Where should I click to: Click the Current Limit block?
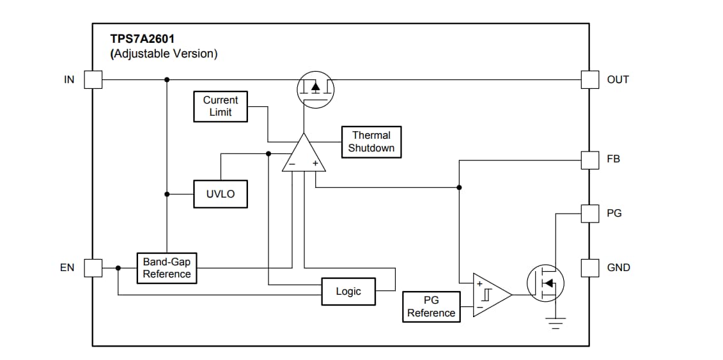coord(221,106)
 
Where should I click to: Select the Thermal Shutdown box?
coord(371,141)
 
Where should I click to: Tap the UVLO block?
coord(221,194)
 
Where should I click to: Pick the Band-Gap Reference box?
coord(166,268)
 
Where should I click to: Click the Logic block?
coord(348,291)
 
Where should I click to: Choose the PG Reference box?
coord(431,306)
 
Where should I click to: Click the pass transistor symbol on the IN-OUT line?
coord(315,88)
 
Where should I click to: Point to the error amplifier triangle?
coord(304,155)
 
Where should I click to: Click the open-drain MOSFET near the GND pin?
coord(545,283)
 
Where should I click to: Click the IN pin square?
coord(93,79)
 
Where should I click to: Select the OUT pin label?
coord(618,79)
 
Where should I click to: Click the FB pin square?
coord(589,160)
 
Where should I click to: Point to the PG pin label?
coord(614,214)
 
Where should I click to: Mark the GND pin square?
coord(589,268)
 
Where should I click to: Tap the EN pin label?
coord(67,268)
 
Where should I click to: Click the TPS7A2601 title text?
coord(142,40)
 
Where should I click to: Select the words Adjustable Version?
coord(164,54)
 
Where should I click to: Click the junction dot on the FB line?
coord(459,187)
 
